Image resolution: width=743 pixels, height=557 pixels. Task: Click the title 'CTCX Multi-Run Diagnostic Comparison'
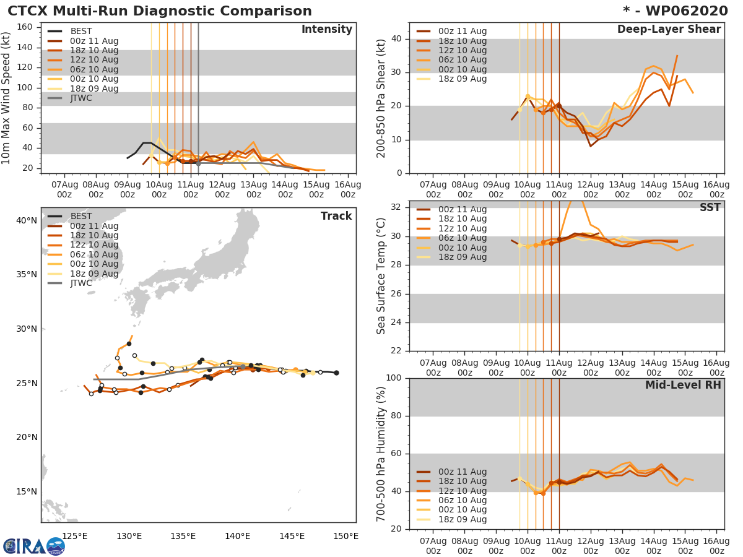(x=160, y=11)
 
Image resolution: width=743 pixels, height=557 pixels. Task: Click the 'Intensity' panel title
(x=326, y=30)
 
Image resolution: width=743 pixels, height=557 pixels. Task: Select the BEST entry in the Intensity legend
(x=80, y=32)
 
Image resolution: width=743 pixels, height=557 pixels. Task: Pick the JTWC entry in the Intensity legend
(x=81, y=98)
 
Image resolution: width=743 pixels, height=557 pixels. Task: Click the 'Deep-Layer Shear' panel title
(x=669, y=30)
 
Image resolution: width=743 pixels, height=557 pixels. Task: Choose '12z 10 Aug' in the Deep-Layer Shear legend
(x=463, y=51)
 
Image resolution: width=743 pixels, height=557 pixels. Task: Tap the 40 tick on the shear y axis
(x=397, y=39)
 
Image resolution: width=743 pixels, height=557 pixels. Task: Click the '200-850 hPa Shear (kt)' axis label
(x=381, y=98)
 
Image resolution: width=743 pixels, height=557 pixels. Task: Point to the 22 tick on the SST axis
(x=397, y=351)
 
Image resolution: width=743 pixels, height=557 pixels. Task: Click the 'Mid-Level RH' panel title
(x=683, y=385)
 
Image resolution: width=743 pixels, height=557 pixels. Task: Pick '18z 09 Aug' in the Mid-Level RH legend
(x=463, y=520)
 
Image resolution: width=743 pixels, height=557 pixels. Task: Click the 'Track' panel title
(x=336, y=216)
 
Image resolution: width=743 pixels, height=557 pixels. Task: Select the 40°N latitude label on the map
(x=26, y=220)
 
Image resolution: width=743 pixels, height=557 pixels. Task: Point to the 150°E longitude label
(x=345, y=536)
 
